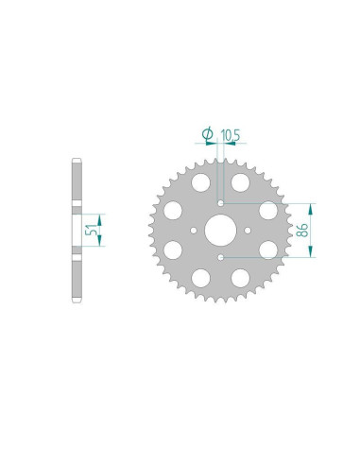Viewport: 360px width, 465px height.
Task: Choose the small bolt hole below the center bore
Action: tap(222, 253)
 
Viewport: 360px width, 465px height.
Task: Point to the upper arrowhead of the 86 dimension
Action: tap(305, 206)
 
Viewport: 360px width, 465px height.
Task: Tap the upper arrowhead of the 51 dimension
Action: tap(101, 215)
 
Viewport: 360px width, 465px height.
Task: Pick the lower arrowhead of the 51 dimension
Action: tap(101, 241)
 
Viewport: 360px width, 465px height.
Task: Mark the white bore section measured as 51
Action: tap(76, 228)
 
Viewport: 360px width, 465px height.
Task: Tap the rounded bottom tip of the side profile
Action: tap(76, 300)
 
